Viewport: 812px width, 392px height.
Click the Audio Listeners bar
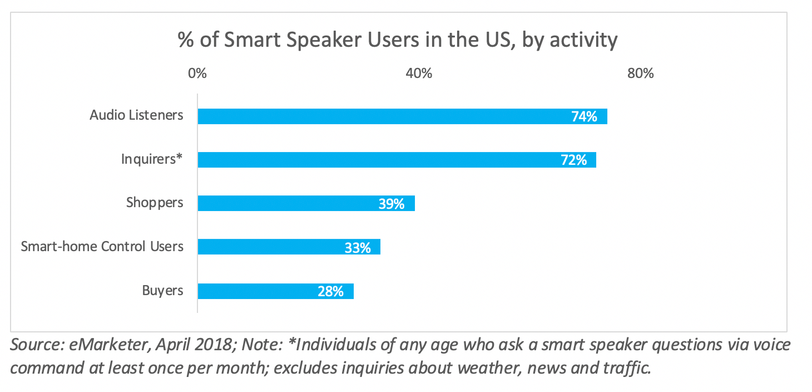pos(402,116)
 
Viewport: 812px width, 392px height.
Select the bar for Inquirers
pos(397,160)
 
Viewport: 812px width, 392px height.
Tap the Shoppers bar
pos(306,203)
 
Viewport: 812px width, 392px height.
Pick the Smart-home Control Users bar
pos(289,247)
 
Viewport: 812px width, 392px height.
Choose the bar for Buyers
pos(275,291)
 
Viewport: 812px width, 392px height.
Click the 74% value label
pos(584,116)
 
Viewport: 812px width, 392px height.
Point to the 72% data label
pos(573,160)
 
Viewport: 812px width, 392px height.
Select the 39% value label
pos(391,204)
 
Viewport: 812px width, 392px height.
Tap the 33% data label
pos(357,247)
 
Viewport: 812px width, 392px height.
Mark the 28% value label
pos(330,291)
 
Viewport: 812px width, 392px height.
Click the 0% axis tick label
pos(197,73)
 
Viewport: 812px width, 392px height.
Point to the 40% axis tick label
pos(419,73)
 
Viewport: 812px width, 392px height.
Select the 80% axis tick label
pos(641,73)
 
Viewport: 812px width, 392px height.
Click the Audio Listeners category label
pos(136,115)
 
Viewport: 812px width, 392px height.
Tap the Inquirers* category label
pos(152,159)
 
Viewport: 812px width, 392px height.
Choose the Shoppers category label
pos(155,203)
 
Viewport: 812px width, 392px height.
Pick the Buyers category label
pos(162,290)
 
